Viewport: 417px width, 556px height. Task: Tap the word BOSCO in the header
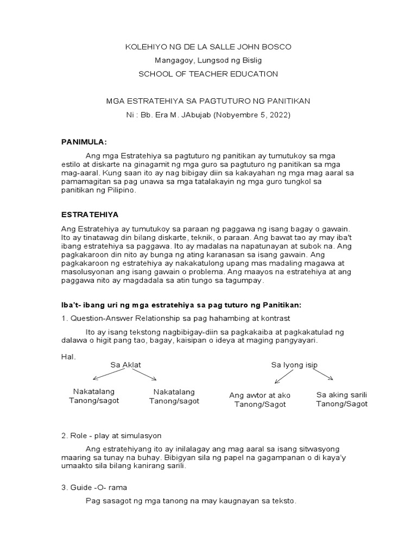click(x=276, y=47)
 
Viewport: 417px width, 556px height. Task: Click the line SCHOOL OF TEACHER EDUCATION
click(x=208, y=74)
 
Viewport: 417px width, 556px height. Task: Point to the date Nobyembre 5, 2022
click(x=260, y=115)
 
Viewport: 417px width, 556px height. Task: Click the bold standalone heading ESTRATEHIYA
click(x=90, y=214)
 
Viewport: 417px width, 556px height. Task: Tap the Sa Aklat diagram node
click(x=125, y=365)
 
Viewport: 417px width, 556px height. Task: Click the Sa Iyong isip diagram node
click(x=294, y=365)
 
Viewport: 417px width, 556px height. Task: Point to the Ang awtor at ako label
click(x=260, y=395)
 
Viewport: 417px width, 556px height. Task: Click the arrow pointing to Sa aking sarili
click(x=324, y=375)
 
